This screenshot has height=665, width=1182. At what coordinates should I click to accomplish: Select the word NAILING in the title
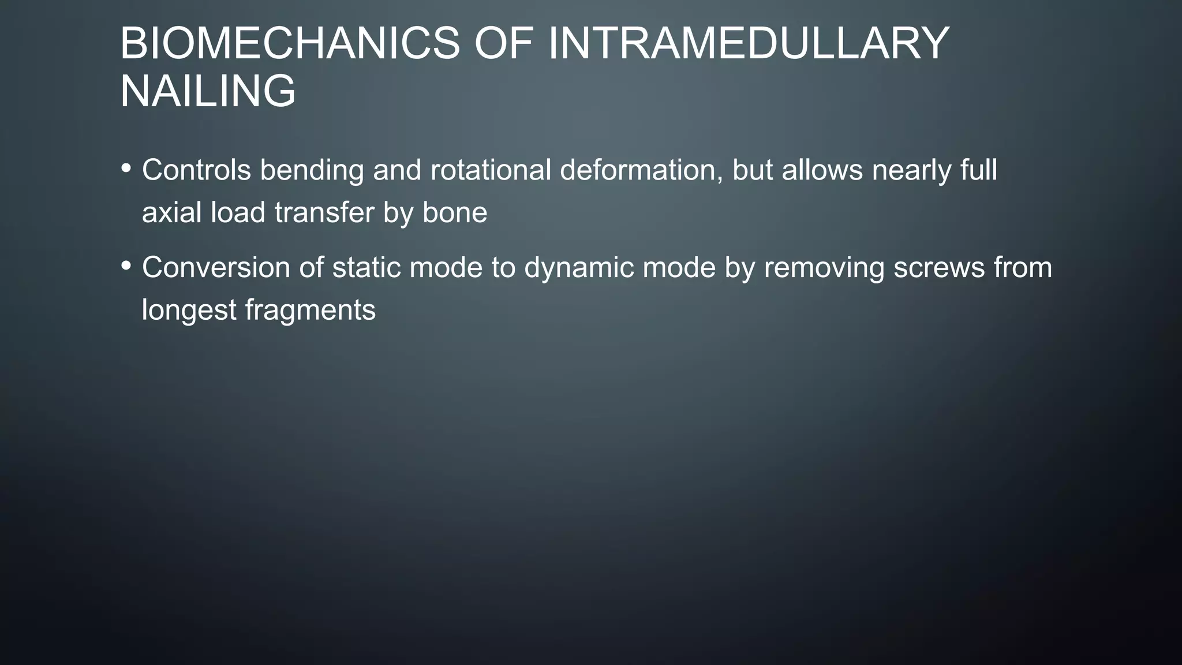208,91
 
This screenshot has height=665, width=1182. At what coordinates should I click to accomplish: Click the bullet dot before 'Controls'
126,169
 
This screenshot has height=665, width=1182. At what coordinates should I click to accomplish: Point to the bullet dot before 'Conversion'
126,266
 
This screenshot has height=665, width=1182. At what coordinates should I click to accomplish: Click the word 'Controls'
196,170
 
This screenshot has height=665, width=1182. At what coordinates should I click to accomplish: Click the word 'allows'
822,170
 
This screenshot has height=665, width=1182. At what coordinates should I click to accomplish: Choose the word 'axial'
171,212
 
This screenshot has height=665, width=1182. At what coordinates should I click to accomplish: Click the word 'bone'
455,212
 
